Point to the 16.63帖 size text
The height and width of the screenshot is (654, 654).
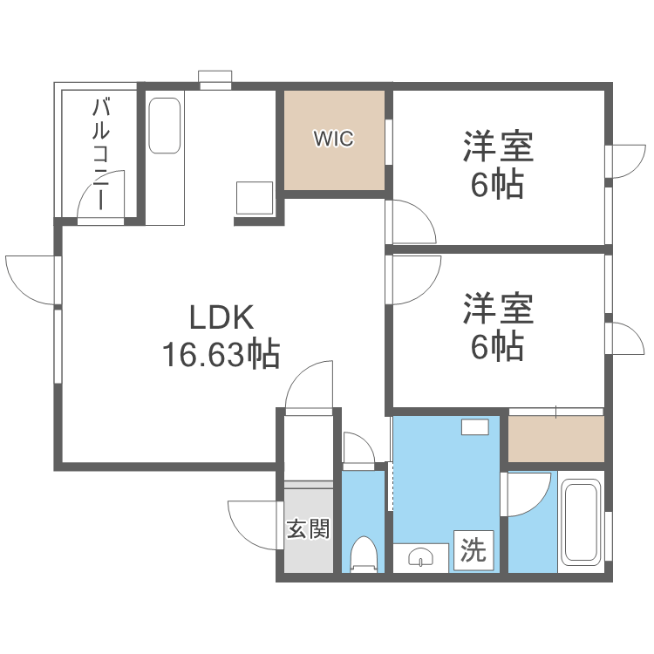(x=220, y=354)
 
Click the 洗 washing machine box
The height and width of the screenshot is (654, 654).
(x=473, y=549)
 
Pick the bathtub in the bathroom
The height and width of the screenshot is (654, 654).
(x=580, y=521)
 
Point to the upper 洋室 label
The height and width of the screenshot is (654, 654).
(x=498, y=147)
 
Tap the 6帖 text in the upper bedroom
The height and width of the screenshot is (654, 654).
(x=498, y=185)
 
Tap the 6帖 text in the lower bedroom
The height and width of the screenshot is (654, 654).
(x=498, y=346)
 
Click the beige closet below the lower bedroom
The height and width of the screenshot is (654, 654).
(x=555, y=439)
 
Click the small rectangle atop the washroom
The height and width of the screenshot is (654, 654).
(x=475, y=426)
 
